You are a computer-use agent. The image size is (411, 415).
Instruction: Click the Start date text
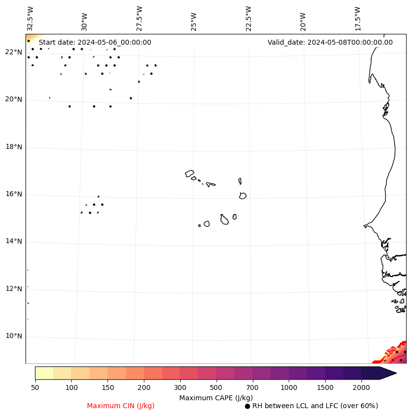point(95,43)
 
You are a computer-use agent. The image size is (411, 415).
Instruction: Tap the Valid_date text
point(330,43)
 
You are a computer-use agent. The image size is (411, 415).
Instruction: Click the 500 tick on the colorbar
point(217,388)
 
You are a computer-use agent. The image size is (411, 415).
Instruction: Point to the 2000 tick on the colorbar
point(361,388)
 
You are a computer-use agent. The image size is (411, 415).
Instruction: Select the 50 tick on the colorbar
point(35,388)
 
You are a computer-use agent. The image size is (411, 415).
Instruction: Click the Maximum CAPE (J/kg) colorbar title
point(216,398)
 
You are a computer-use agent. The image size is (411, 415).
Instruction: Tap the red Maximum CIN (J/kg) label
point(121,406)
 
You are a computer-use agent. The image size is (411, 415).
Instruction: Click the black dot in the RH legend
point(247,406)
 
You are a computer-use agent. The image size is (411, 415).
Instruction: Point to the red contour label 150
point(390,352)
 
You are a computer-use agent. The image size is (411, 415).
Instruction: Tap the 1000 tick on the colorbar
point(289,388)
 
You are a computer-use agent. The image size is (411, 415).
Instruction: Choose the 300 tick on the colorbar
point(180,388)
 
